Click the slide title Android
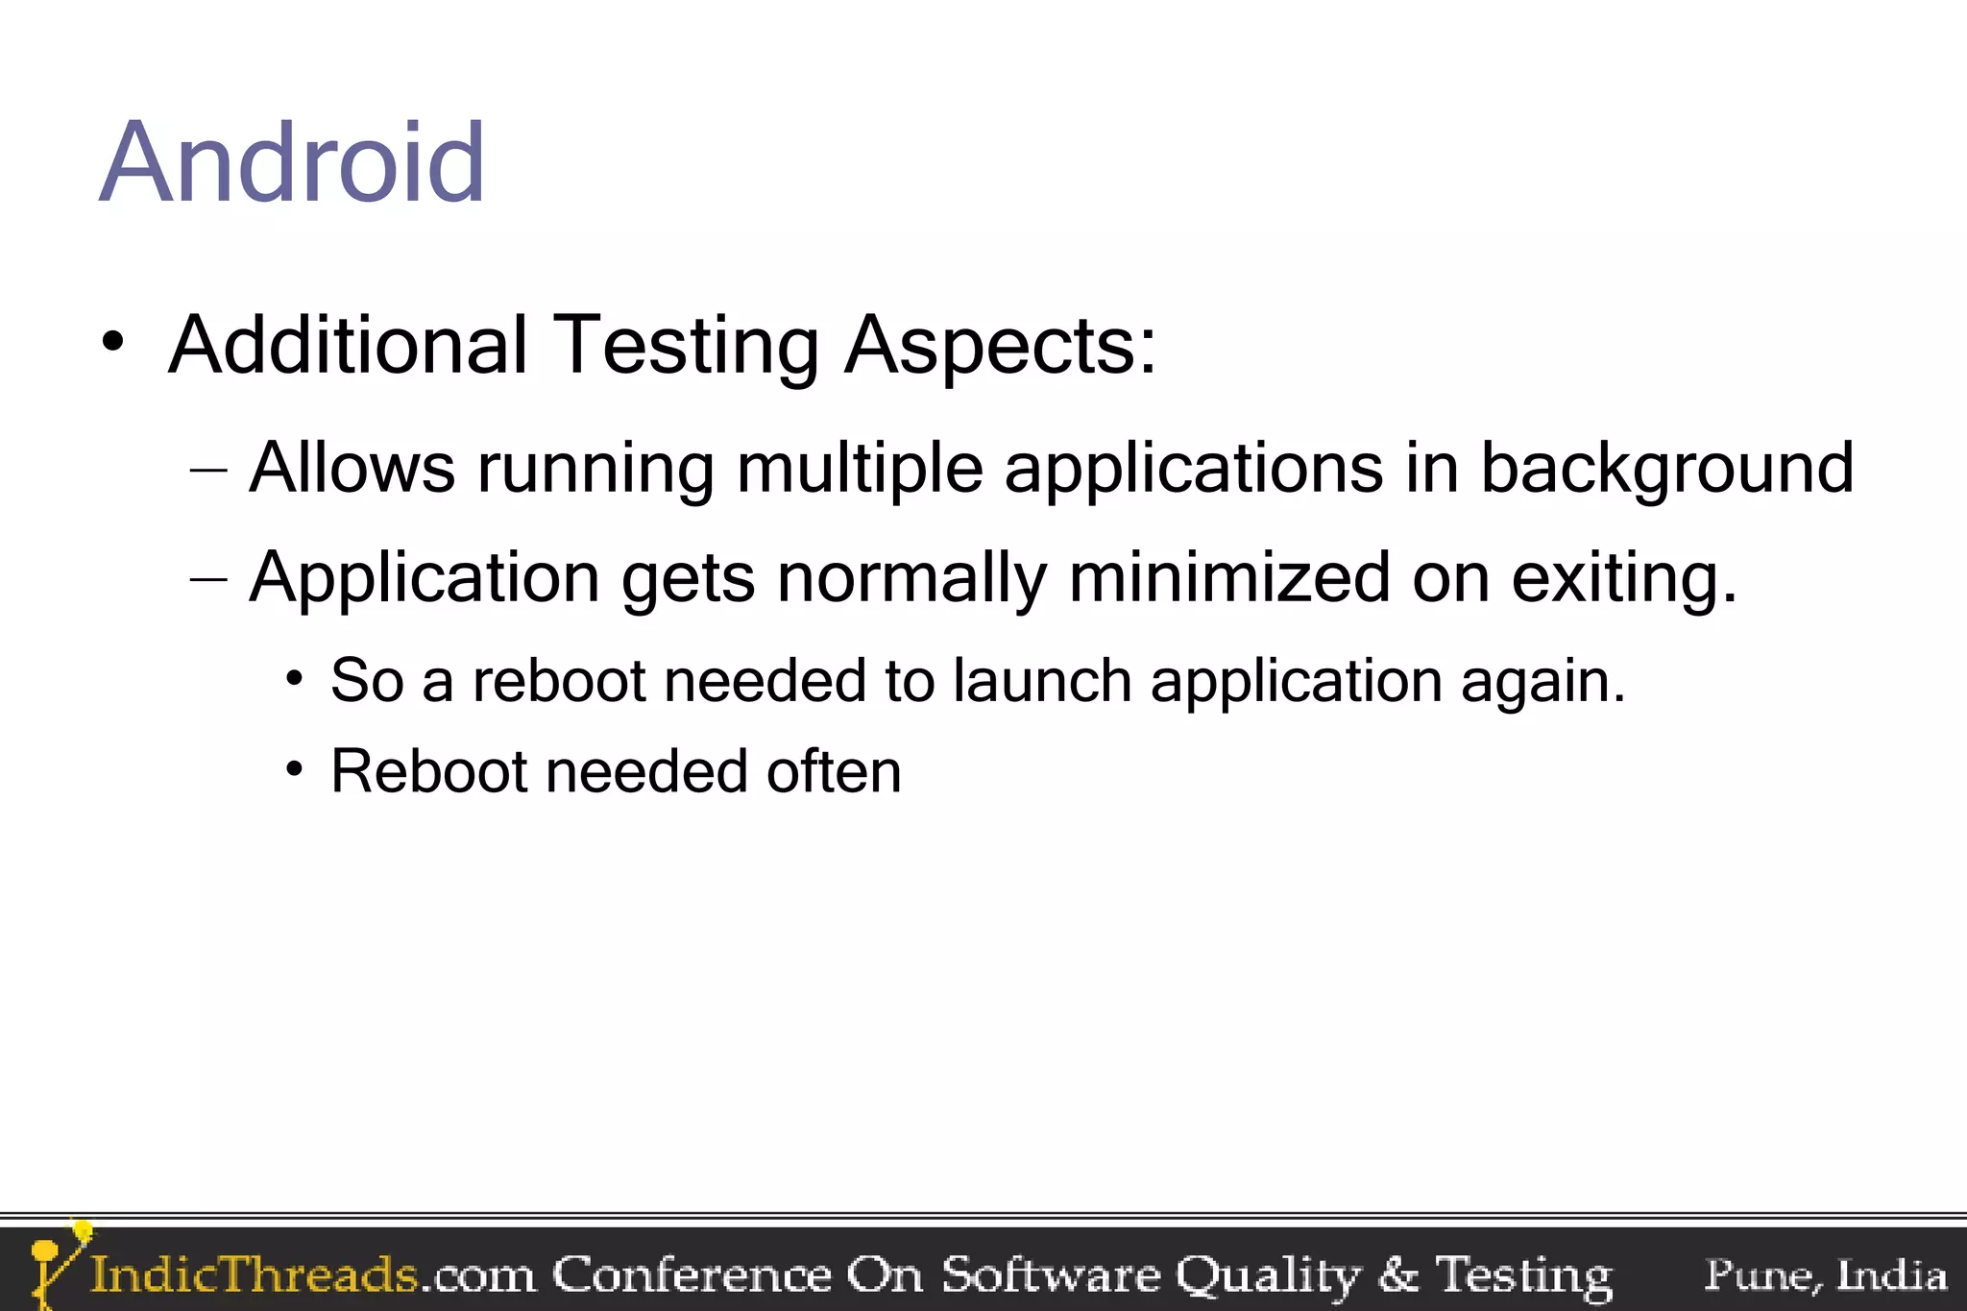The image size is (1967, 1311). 292,163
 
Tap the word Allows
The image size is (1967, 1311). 352,468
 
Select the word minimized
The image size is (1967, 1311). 1228,577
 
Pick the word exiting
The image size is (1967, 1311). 1623,579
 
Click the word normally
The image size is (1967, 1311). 911,579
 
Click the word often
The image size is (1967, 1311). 834,771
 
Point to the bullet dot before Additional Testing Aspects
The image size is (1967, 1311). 113,343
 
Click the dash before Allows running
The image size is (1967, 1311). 208,470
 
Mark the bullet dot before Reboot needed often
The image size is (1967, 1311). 294,769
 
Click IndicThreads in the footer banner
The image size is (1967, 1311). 254,1275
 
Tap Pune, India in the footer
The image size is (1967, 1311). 1825,1275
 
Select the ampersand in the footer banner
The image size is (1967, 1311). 1397,1275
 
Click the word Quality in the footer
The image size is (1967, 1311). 1268,1275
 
